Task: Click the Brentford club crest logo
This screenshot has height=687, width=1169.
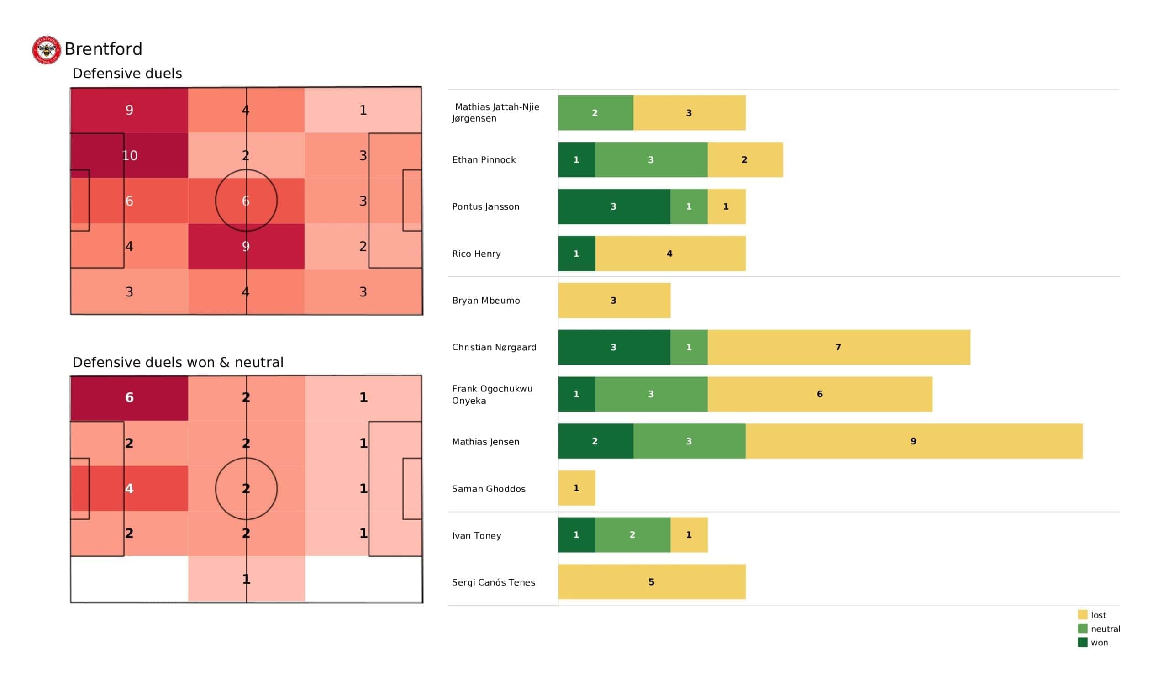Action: coord(47,50)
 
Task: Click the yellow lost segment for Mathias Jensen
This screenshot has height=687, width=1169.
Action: coord(913,441)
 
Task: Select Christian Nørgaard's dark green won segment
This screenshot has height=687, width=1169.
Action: coord(614,347)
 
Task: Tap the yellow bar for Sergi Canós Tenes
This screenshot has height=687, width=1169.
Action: coord(651,581)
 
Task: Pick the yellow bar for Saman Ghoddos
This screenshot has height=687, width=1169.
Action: coord(576,488)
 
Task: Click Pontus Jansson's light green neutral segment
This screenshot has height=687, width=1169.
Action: coord(689,206)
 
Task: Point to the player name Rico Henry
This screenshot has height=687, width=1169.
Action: coord(476,254)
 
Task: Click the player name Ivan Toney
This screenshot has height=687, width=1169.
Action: coord(476,535)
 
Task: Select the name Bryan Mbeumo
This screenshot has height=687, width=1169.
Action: coord(485,300)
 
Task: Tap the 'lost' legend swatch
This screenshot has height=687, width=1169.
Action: coord(1082,614)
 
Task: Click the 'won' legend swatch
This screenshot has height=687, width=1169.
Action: coord(1082,642)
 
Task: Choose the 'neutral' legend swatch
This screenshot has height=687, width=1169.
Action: coord(1082,629)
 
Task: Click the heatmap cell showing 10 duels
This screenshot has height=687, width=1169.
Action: coord(129,155)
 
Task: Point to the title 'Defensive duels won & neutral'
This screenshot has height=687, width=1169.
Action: coord(178,362)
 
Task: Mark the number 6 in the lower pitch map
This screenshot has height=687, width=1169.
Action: coord(129,397)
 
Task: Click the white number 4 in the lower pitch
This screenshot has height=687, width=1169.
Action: coord(129,488)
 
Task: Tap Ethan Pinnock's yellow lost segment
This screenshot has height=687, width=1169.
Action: coord(744,160)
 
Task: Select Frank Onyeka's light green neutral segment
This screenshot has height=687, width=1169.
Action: coord(651,394)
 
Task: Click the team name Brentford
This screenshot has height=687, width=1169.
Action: coord(103,49)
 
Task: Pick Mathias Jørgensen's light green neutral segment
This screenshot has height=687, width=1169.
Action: coord(595,113)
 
